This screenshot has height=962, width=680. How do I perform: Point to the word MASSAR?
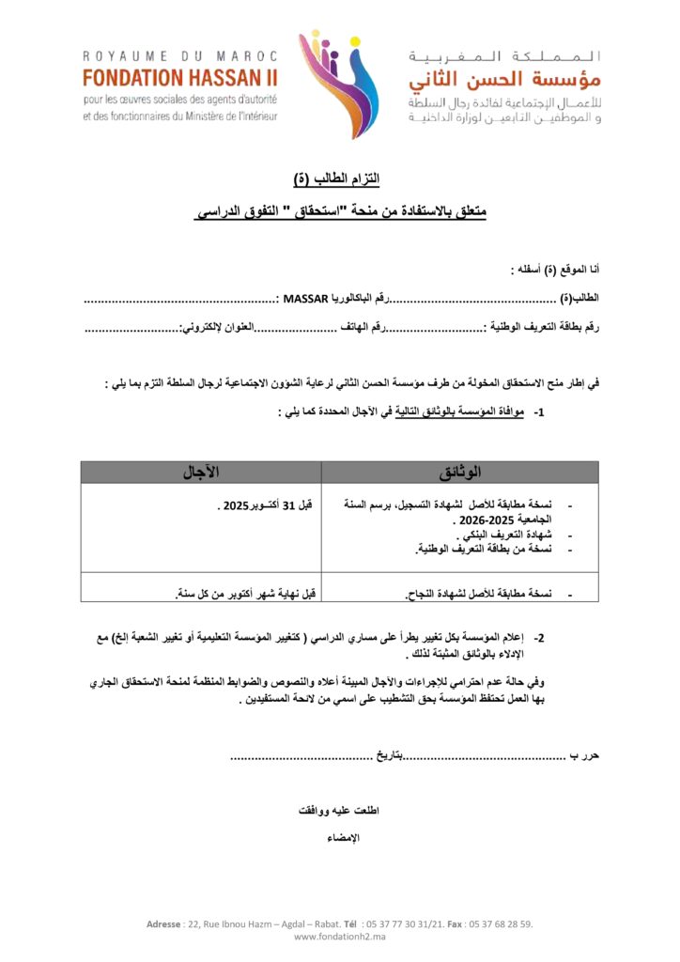pos(302,299)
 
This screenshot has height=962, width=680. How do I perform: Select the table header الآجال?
pos(200,472)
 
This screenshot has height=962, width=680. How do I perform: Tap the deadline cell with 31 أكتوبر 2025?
pos(265,505)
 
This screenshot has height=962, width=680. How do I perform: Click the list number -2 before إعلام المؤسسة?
pos(540,637)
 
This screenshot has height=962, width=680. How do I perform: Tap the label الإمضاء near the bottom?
pos(341,837)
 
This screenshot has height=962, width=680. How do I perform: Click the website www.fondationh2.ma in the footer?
pos(340,936)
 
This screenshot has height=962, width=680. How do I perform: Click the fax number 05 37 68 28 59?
pos(500,924)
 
